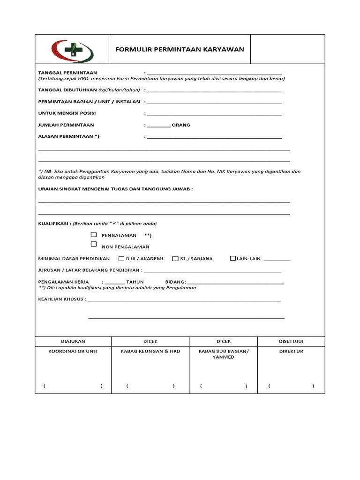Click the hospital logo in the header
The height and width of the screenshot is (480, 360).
[72, 49]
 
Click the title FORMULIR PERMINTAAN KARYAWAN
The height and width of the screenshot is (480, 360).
[180, 49]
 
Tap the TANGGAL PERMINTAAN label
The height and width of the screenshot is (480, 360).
[67, 73]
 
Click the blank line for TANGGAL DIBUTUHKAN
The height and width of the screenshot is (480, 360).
[214, 90]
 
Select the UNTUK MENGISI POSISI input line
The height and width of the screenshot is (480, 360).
[214, 113]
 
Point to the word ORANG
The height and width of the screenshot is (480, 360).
[181, 125]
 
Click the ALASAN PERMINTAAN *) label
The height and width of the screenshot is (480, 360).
[69, 136]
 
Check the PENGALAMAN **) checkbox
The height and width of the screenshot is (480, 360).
[94, 234]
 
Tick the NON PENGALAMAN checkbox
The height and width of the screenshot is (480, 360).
[94, 244]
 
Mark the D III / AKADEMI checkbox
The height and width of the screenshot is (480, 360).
[121, 258]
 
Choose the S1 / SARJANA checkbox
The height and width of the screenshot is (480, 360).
[175, 258]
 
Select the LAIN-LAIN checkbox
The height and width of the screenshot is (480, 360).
[232, 258]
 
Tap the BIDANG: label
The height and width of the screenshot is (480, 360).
[176, 282]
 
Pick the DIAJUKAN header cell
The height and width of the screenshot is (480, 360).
[73, 342]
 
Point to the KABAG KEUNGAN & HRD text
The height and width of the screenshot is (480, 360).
[150, 351]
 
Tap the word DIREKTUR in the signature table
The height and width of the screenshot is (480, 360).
[291, 351]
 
